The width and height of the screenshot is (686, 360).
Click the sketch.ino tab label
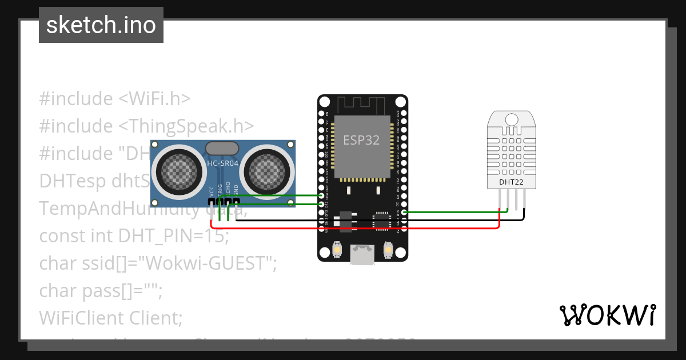pos(101,25)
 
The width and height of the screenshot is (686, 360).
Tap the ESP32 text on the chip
pos(361,141)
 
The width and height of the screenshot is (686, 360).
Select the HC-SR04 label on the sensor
pos(224,163)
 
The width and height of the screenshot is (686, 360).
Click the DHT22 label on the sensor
pos(512,182)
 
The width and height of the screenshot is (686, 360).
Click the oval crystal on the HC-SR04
pos(221,149)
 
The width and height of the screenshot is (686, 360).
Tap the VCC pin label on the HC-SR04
pos(212,190)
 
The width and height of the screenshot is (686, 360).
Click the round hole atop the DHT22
pos(512,119)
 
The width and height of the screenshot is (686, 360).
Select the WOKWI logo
pos(607,315)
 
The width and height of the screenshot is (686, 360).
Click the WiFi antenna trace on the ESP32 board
pos(362,105)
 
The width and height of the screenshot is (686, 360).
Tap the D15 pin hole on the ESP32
pos(405,213)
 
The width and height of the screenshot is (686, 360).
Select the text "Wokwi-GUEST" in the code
pos(212,263)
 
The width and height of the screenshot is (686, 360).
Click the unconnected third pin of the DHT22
pos(516,200)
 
